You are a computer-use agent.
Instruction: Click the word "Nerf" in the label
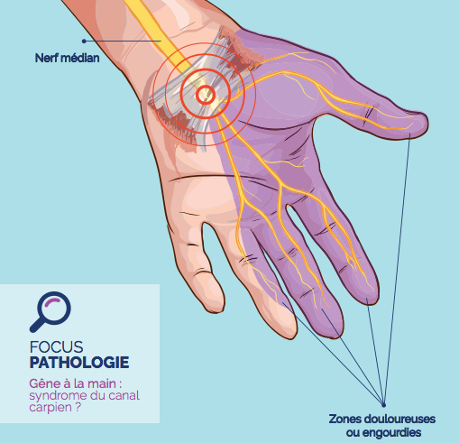[46, 58]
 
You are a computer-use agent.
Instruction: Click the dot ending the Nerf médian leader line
[84, 41]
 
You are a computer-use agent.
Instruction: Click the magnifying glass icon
[50, 311]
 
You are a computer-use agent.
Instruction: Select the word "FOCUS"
[56, 347]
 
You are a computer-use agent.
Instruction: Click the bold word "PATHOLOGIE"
[79, 363]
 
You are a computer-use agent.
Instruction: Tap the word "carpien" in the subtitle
[50, 408]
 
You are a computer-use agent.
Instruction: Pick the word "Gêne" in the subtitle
[44, 383]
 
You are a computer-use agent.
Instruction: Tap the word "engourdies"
[391, 433]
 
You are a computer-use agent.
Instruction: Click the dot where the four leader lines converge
[383, 405]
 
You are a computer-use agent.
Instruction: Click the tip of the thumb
[427, 124]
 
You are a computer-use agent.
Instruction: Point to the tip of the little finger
[216, 309]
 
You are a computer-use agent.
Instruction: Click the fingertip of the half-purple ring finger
[289, 336]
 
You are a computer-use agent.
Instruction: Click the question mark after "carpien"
[78, 407]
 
